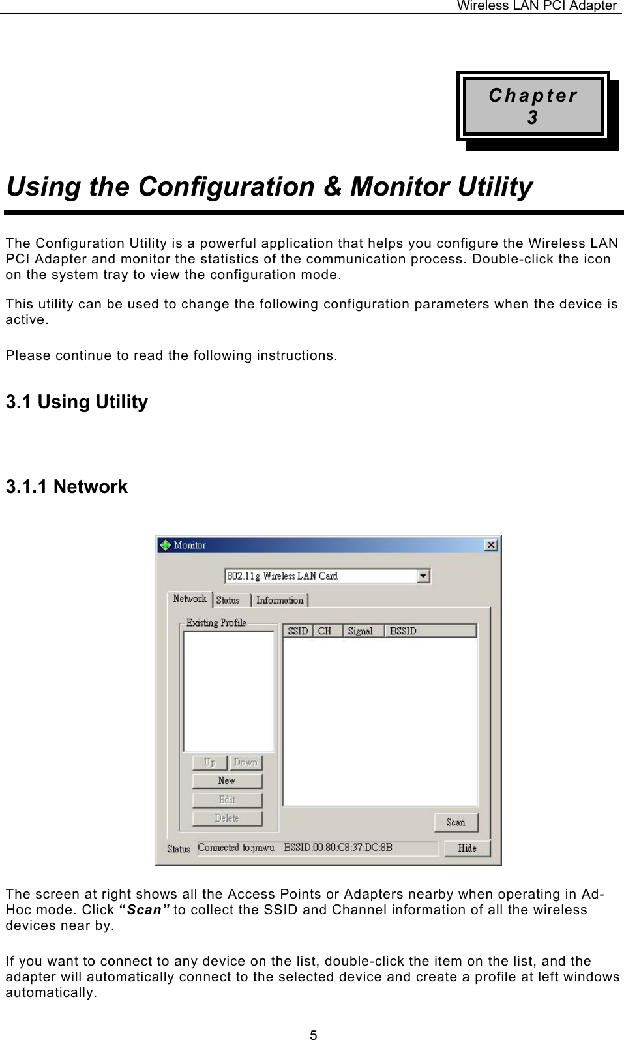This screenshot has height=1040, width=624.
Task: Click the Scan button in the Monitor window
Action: click(x=456, y=822)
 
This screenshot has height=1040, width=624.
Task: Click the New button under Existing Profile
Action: click(x=227, y=780)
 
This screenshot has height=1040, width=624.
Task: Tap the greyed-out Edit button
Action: click(x=227, y=799)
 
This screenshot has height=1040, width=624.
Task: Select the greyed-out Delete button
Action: click(x=227, y=818)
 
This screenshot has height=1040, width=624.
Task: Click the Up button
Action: click(x=209, y=762)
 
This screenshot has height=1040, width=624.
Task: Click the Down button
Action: click(x=245, y=762)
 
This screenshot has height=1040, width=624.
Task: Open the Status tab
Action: click(x=228, y=600)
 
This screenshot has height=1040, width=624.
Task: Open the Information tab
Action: click(x=280, y=600)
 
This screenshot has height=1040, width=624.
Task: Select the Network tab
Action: click(x=190, y=599)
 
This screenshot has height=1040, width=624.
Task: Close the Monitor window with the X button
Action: click(x=492, y=544)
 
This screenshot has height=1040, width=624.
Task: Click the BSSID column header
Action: click(x=430, y=631)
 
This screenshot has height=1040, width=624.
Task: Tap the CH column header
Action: click(x=325, y=631)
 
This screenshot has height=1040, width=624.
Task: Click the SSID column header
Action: click(x=297, y=631)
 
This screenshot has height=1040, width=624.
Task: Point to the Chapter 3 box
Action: click(x=533, y=107)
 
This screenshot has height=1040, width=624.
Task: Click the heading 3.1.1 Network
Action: click(x=67, y=486)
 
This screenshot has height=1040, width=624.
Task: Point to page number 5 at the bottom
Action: click(x=313, y=1034)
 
